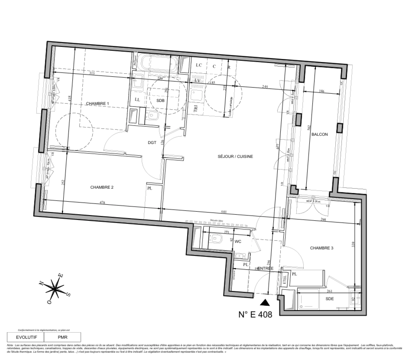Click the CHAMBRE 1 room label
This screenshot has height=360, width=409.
(x=98, y=104)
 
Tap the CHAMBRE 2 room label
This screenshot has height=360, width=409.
(x=102, y=187)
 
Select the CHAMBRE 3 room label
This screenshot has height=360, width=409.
(x=321, y=248)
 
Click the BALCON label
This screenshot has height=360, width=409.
(x=319, y=134)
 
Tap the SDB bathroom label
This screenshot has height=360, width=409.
(x=161, y=100)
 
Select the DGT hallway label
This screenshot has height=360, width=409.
(x=152, y=142)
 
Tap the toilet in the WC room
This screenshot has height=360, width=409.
(x=217, y=238)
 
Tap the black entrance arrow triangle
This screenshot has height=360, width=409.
(x=265, y=302)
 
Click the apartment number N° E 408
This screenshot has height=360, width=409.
(x=255, y=314)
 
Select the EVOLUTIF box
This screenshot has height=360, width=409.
(x=25, y=337)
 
